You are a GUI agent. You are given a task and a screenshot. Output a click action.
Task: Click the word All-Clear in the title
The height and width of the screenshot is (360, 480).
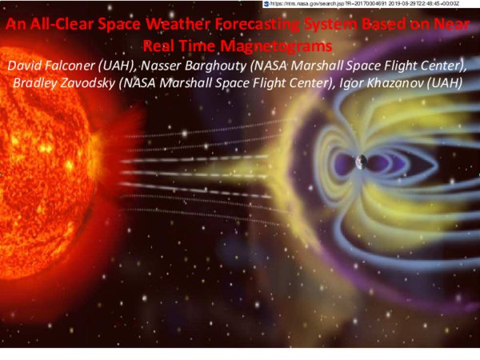tap(46, 26)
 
